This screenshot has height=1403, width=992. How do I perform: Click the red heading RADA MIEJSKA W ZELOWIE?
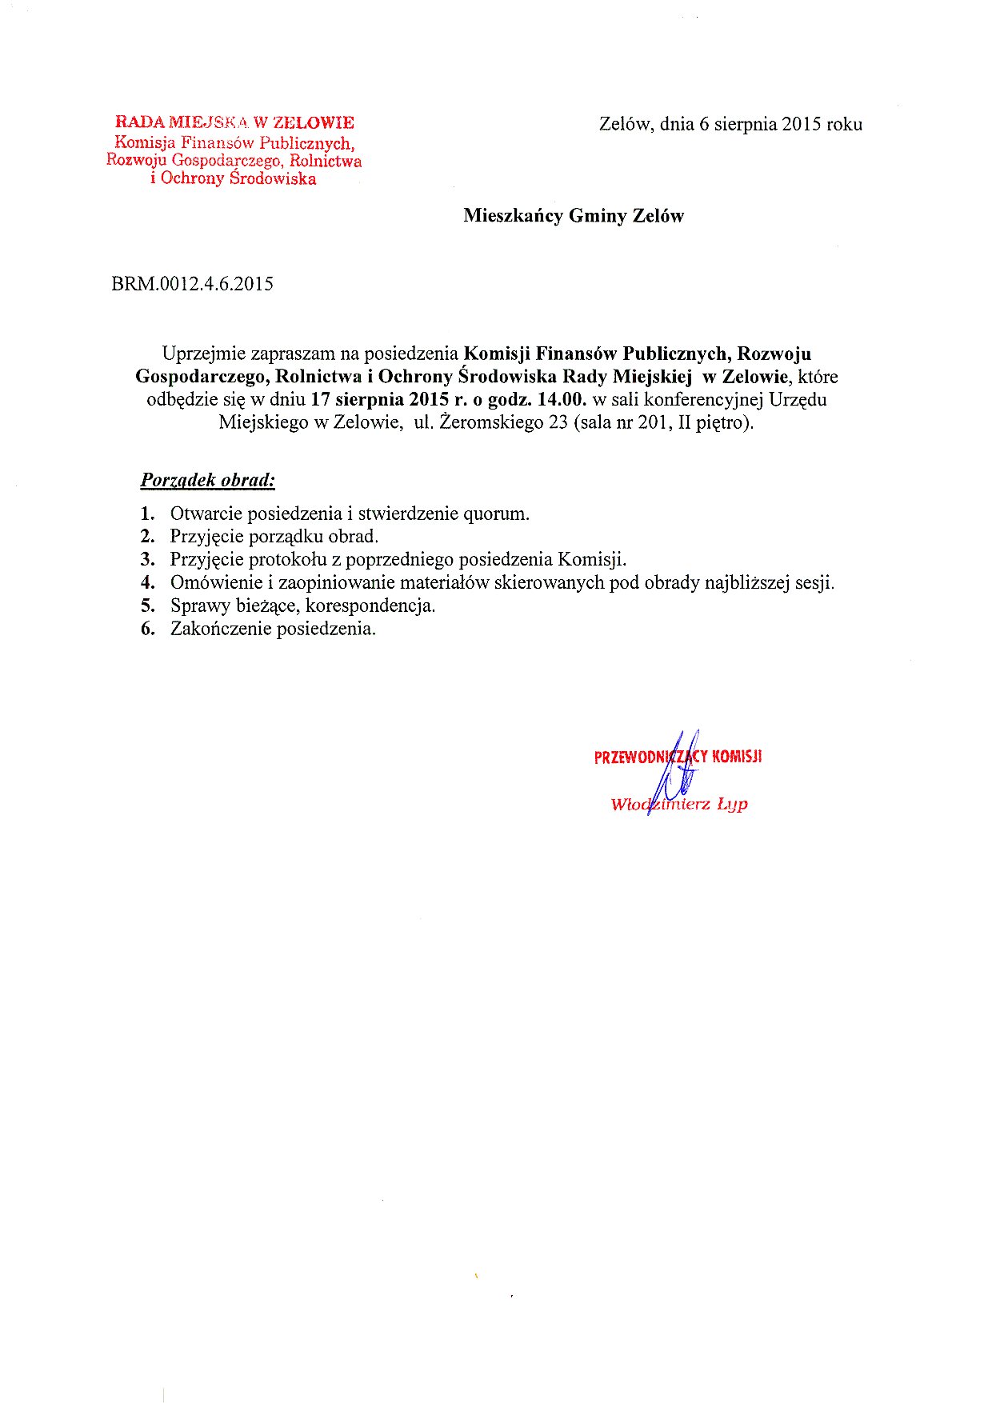pyautogui.click(x=234, y=122)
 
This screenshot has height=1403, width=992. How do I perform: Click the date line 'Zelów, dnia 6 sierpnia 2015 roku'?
pyautogui.click(x=730, y=124)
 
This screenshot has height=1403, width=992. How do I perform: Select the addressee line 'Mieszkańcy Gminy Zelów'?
pyautogui.click(x=574, y=215)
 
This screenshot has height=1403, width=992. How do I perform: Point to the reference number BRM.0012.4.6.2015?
pyautogui.click(x=192, y=284)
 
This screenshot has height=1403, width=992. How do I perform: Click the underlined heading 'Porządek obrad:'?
pyautogui.click(x=208, y=480)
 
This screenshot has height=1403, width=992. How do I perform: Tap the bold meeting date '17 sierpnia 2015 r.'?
pyautogui.click(x=379, y=399)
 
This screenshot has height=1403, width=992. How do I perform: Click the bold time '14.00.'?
pyautogui.click(x=559, y=399)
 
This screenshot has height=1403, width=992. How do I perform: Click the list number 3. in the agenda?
pyautogui.click(x=147, y=559)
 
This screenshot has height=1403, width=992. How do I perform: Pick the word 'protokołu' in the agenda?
pyautogui.click(x=287, y=559)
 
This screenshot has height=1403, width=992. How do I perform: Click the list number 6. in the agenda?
pyautogui.click(x=147, y=629)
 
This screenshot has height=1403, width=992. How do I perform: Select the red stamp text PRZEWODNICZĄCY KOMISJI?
pyautogui.click(x=678, y=757)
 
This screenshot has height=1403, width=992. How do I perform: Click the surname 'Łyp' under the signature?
pyautogui.click(x=732, y=804)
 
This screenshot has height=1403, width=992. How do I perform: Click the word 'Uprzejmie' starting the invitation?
pyautogui.click(x=203, y=353)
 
